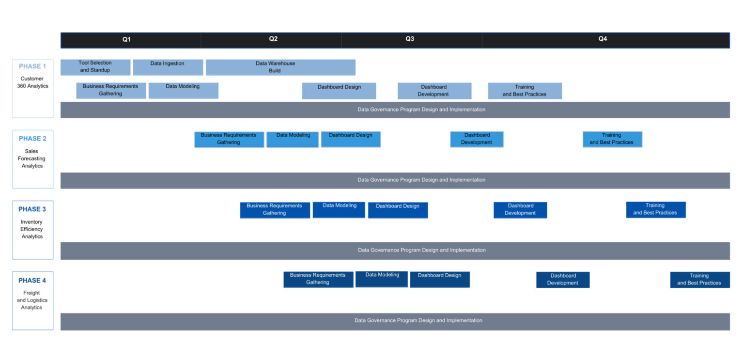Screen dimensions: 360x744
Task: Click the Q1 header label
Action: pyautogui.click(x=126, y=39)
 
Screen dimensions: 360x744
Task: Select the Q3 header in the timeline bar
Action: pyautogui.click(x=410, y=39)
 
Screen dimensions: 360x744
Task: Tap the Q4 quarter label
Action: pyautogui.click(x=603, y=39)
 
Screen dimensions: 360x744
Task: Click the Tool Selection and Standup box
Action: pyautogui.click(x=95, y=67)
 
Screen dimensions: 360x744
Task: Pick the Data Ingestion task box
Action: pyautogui.click(x=168, y=67)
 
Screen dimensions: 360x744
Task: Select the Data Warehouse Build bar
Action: pyautogui.click(x=280, y=67)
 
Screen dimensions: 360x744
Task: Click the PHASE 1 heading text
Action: pyautogui.click(x=32, y=66)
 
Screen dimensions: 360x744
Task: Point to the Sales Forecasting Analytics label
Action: pyautogui.click(x=32, y=158)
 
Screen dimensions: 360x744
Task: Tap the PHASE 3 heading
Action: pyautogui.click(x=32, y=209)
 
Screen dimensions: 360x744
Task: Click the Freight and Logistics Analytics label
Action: pyautogui.click(x=32, y=300)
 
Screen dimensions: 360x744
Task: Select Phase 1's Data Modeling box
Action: pyautogui.click(x=183, y=90)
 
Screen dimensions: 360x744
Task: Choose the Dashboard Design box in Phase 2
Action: pyautogui.click(x=351, y=139)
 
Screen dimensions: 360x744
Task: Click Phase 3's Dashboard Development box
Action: pyautogui.click(x=520, y=210)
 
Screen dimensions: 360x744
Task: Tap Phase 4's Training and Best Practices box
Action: pyautogui.click(x=699, y=280)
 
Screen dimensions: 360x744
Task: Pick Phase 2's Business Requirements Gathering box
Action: pyautogui.click(x=229, y=139)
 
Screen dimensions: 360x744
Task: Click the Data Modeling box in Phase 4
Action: pyautogui.click(x=382, y=279)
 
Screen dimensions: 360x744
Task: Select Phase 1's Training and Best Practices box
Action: pyautogui.click(x=525, y=91)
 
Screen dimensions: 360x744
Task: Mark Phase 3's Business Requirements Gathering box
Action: pyautogui.click(x=275, y=210)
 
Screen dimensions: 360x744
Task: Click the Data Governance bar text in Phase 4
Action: pyautogui.click(x=418, y=321)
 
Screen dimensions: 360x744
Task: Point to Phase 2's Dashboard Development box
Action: pyautogui.click(x=477, y=139)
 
